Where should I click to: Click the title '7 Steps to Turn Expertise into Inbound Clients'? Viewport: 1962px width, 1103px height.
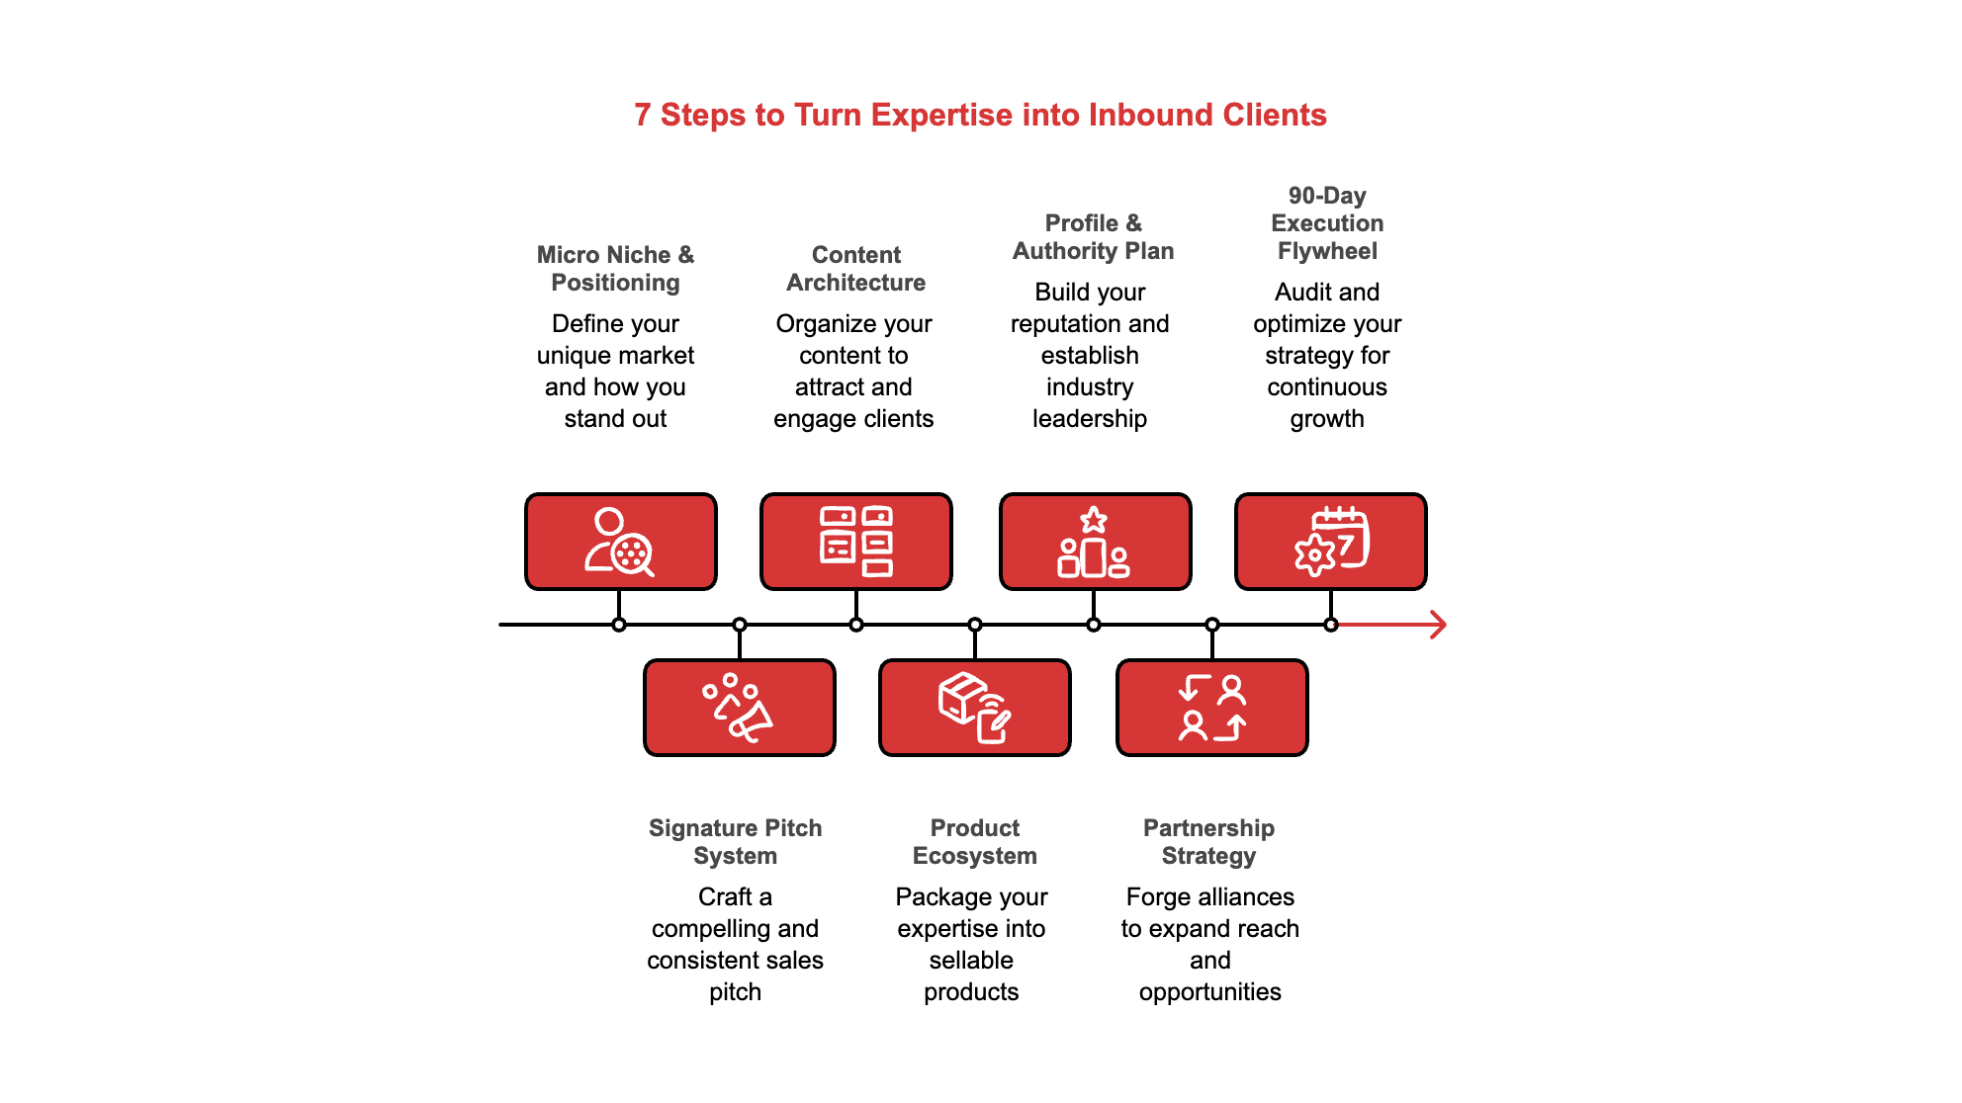pyautogui.click(x=980, y=115)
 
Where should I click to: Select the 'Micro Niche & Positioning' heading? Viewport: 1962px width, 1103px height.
pyautogui.click(x=615, y=269)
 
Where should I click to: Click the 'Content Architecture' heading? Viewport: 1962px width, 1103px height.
pyautogui.click(x=855, y=269)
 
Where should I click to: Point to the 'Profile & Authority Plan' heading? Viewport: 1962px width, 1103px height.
pyautogui.click(x=1093, y=237)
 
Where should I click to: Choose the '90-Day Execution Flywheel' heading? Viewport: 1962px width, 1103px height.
pyautogui.click(x=1327, y=223)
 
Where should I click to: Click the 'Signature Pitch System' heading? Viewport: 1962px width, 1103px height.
pyautogui.click(x=735, y=842)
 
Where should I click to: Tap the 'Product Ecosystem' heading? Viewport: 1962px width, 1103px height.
pyautogui.click(x=974, y=842)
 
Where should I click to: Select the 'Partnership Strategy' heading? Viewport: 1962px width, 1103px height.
pyautogui.click(x=1208, y=842)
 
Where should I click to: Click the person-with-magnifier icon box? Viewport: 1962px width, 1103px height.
pyautogui.click(x=620, y=542)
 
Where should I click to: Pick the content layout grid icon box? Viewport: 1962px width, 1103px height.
pyautogui.click(x=855, y=542)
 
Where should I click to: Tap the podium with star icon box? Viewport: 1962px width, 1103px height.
pyautogui.click(x=1095, y=542)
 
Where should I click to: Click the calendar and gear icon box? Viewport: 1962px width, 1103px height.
pyautogui.click(x=1330, y=542)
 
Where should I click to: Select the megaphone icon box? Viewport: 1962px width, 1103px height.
pyautogui.click(x=739, y=708)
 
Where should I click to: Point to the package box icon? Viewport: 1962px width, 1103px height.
pyautogui.click(x=974, y=708)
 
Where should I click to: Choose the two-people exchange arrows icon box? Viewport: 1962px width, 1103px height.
pyautogui.click(x=1211, y=708)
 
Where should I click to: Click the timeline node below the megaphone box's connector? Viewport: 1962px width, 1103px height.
pyautogui.click(x=739, y=625)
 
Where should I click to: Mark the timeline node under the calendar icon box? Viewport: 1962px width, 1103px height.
pyautogui.click(x=1331, y=625)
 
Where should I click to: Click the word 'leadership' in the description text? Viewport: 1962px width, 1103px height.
pyautogui.click(x=1090, y=419)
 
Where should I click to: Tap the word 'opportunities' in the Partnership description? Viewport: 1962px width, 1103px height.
pyautogui.click(x=1209, y=992)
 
